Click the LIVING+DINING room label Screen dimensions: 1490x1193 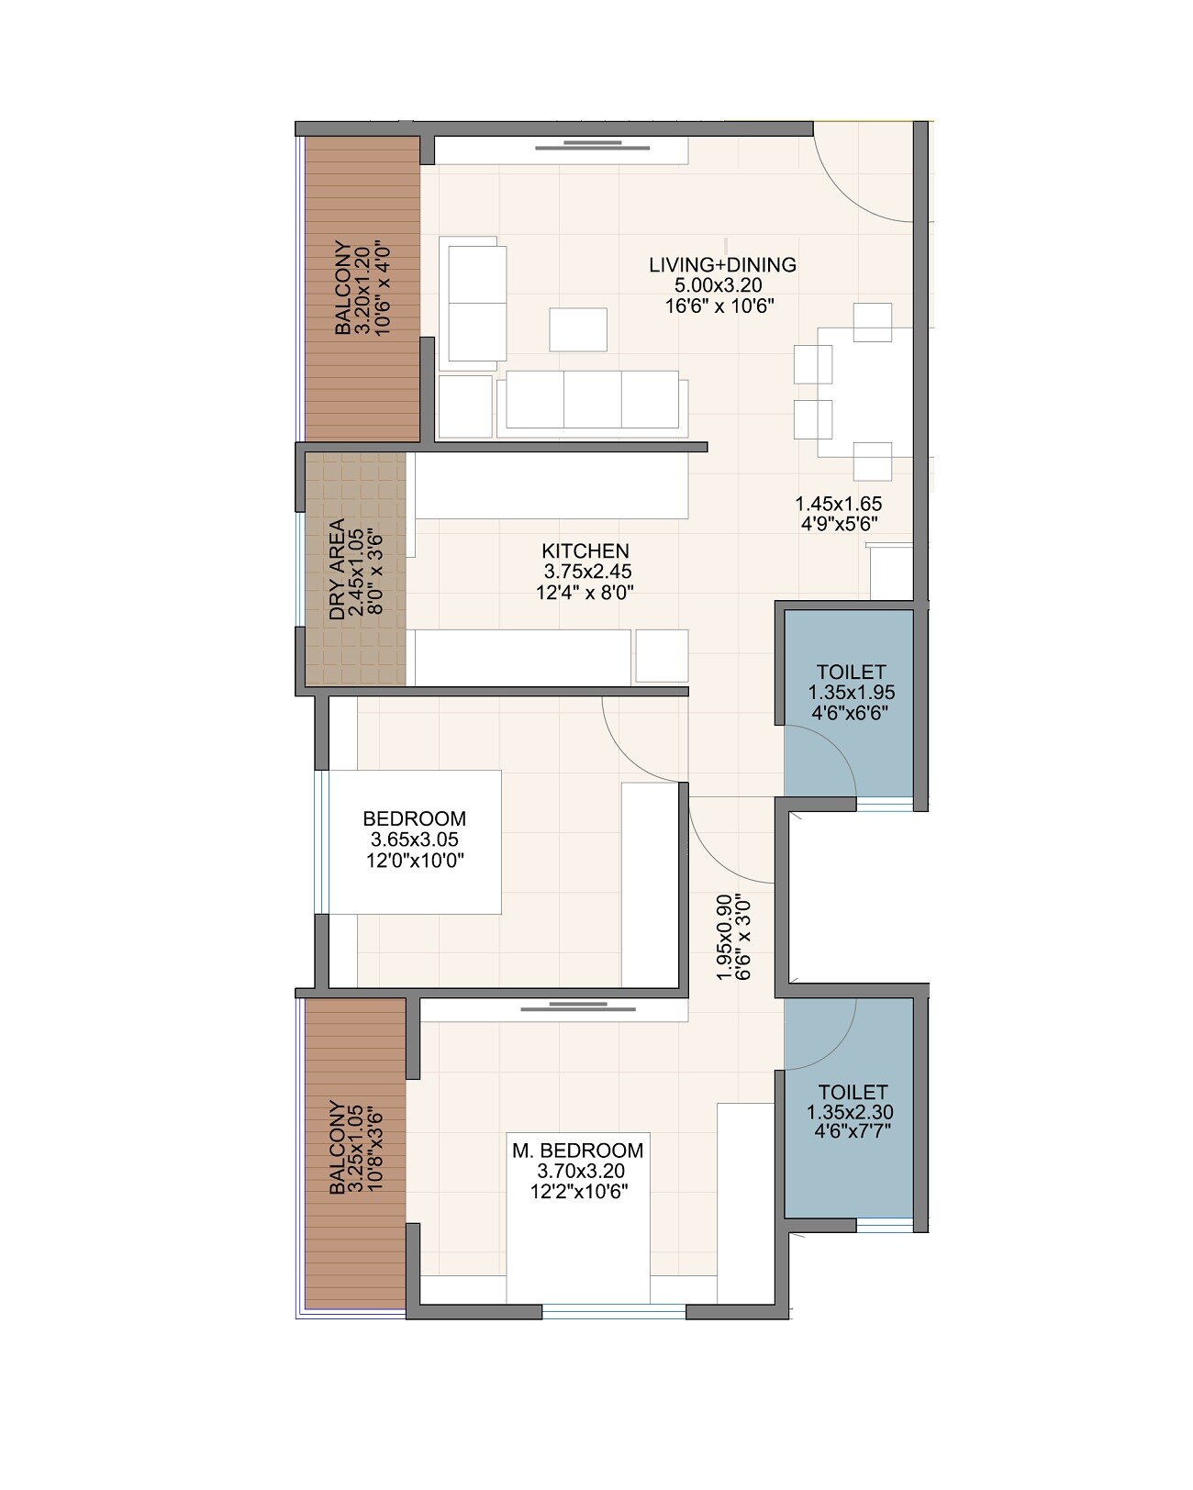point(722,265)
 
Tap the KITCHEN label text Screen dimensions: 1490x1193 point(585,550)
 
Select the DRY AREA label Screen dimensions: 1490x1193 point(337,570)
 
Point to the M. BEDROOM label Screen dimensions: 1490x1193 point(578,1151)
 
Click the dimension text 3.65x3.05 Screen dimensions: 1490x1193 point(414,840)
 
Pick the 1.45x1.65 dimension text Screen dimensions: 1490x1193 point(838,504)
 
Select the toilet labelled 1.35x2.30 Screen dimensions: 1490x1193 point(851,1111)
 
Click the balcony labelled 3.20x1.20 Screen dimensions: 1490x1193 point(362,288)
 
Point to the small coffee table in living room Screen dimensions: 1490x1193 point(578,329)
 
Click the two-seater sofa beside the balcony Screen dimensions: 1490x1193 point(473,303)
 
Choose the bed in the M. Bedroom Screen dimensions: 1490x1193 point(578,1220)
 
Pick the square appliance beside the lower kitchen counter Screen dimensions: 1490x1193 point(662,655)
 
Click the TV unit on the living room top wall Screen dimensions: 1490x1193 point(560,150)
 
